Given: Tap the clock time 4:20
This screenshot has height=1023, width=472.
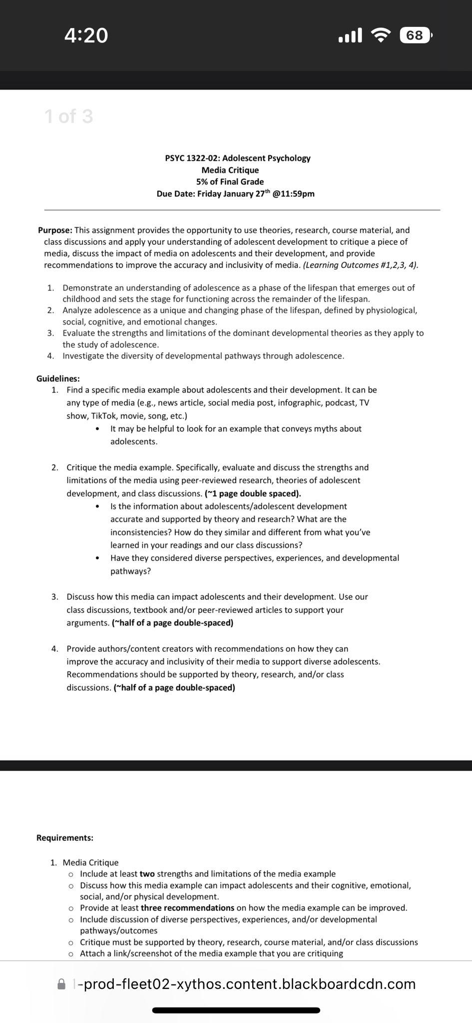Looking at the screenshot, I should pyautogui.click(x=86, y=35).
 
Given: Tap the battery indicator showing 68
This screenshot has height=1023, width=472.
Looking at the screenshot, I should pyautogui.click(x=415, y=35).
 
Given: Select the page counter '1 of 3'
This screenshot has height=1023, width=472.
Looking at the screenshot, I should pyautogui.click(x=68, y=116).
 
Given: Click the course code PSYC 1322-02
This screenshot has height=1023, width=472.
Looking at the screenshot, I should pyautogui.click(x=192, y=158).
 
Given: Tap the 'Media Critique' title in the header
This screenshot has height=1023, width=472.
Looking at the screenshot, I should pyautogui.click(x=230, y=170).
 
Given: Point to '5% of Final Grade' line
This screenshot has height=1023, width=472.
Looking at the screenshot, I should pyautogui.click(x=230, y=182).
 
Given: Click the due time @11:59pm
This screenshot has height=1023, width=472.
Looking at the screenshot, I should pyautogui.click(x=294, y=194).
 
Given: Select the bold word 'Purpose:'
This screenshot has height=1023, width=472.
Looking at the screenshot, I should pyautogui.click(x=55, y=230).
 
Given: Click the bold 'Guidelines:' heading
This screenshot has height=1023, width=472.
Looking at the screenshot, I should pyautogui.click(x=58, y=379).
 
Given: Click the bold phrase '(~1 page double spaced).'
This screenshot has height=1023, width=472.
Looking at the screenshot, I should pyautogui.click(x=253, y=494).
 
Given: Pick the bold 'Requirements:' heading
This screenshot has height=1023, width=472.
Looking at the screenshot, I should pyautogui.click(x=65, y=838).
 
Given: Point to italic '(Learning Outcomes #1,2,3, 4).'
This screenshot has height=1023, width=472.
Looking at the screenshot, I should pyautogui.click(x=361, y=265).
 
